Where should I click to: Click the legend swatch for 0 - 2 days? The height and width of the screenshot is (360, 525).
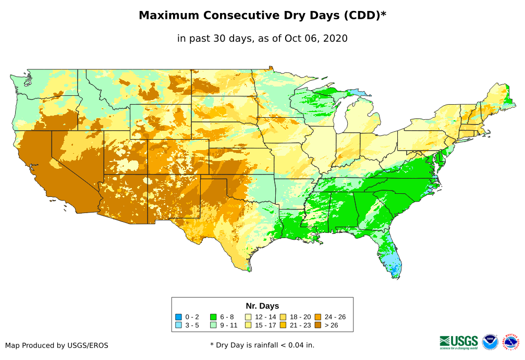178,317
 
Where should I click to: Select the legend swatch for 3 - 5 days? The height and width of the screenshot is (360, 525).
178,325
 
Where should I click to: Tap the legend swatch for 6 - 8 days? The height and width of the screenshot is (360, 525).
213,317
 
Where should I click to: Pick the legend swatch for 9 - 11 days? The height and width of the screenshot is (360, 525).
213,325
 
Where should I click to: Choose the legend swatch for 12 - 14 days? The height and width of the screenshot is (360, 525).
249,317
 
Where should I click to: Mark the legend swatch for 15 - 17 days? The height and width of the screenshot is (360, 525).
249,325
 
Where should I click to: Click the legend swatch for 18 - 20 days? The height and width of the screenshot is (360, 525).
284,317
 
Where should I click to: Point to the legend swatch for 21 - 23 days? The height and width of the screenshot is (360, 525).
284,325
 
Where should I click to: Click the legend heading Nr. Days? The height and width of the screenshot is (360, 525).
262,306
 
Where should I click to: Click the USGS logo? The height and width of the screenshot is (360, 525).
459,342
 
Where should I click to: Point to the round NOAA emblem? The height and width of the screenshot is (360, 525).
490,342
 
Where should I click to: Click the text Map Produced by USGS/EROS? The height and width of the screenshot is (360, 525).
57,345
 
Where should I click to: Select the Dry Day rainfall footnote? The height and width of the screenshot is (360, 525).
262,345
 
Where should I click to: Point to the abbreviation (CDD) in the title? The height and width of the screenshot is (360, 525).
363,16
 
